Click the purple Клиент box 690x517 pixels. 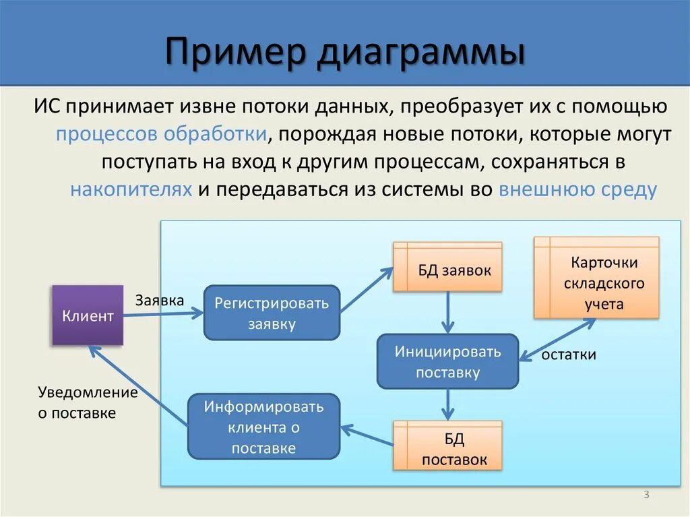click(x=88, y=315)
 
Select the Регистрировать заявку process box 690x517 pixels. click(x=272, y=313)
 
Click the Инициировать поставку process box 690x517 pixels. click(x=447, y=361)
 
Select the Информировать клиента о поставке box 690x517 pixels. click(x=263, y=427)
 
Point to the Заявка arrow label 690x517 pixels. click(x=160, y=300)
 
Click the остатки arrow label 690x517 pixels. click(x=569, y=355)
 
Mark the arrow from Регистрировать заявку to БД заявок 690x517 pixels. click(x=367, y=291)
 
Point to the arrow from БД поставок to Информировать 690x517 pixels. click(x=367, y=435)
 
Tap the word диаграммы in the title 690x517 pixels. click(x=421, y=54)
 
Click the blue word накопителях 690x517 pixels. click(x=131, y=189)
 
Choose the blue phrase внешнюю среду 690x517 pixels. click(x=577, y=189)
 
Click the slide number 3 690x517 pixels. click(x=646, y=495)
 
